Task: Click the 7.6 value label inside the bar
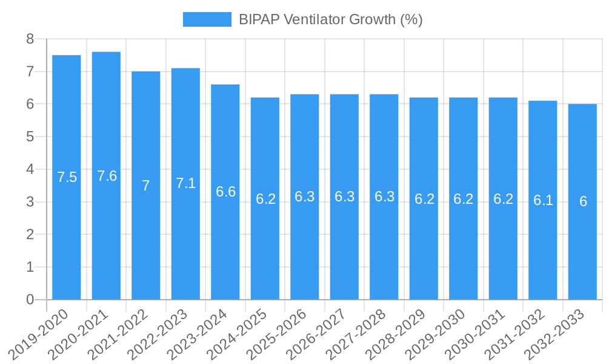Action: click(107, 176)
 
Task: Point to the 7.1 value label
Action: click(185, 183)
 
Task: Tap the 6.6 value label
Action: click(225, 192)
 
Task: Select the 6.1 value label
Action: click(543, 200)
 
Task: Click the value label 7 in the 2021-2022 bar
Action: click(146, 186)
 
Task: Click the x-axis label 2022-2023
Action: click(161, 333)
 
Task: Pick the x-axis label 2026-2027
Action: click(319, 333)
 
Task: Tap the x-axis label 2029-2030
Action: click(439, 333)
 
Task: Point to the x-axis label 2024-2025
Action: click(240, 333)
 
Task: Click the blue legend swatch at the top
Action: click(207, 19)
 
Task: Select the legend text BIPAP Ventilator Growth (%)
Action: click(330, 19)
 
